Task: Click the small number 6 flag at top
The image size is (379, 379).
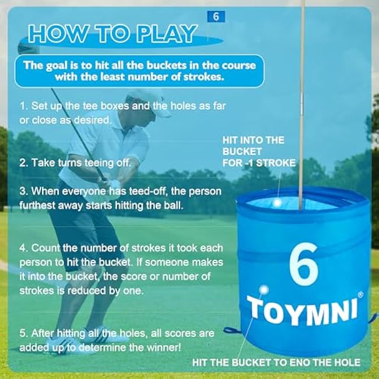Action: point(216,16)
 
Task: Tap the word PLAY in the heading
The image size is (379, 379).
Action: point(166,34)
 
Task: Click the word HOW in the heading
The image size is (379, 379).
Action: point(57,34)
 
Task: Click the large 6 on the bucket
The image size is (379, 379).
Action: point(304,264)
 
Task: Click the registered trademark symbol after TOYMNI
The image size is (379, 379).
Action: point(360,294)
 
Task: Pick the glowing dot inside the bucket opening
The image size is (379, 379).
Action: point(277,202)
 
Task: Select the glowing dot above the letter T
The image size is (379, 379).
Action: point(264,289)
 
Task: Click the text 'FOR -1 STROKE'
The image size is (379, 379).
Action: point(259,163)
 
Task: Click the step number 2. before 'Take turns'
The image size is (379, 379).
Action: point(24,163)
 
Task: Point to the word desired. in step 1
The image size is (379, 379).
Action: point(93,120)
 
